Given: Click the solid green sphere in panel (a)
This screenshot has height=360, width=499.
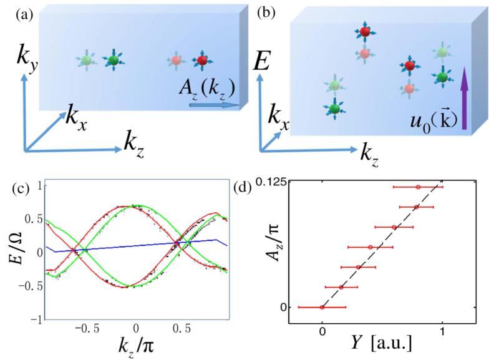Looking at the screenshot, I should click(x=113, y=60).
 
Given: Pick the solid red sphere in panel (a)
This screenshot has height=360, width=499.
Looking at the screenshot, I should click(x=201, y=61).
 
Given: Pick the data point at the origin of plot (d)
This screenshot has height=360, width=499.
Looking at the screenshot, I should click(x=322, y=307).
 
